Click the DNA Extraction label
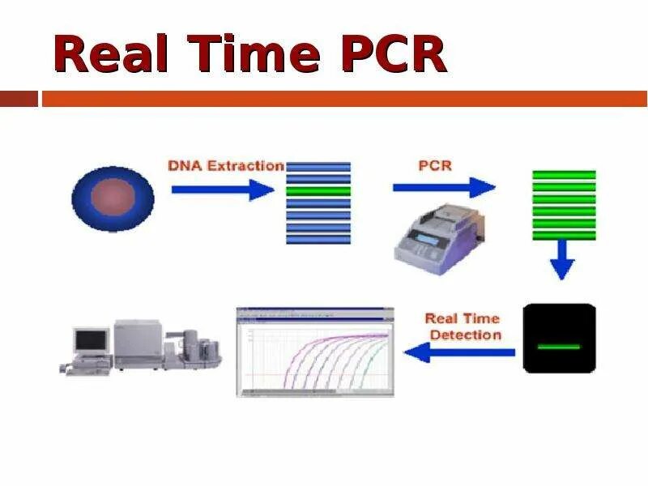point(226,166)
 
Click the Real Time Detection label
point(463,326)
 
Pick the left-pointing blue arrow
point(459,352)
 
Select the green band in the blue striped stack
point(318,191)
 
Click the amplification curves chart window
point(315,352)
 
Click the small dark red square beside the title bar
point(19,99)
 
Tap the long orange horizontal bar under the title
point(344,99)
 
